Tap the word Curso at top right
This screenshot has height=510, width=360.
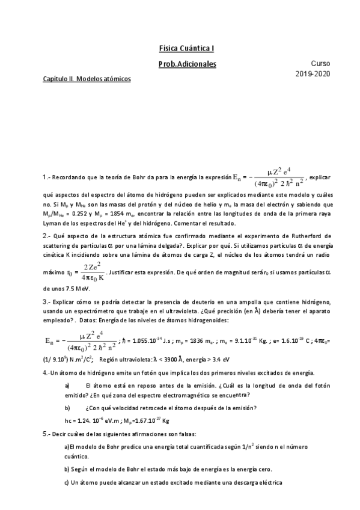point(320,63)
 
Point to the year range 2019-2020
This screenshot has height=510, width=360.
point(313,74)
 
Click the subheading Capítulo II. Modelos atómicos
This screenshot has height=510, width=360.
point(87,79)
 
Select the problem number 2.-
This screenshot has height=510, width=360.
point(47,235)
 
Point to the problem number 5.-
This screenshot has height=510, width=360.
point(47,433)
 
